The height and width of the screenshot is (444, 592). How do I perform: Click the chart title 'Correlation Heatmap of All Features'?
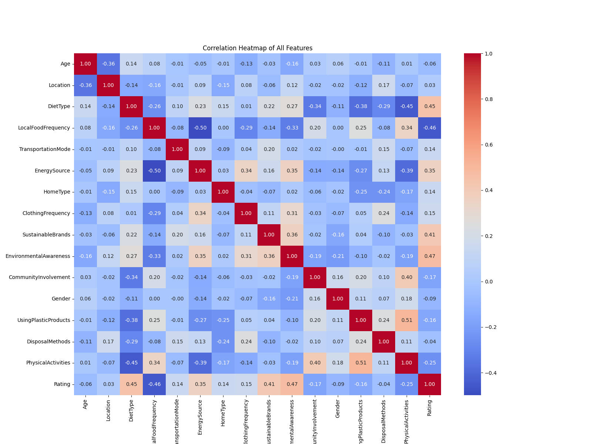258,48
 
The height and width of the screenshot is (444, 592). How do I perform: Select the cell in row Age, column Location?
108,64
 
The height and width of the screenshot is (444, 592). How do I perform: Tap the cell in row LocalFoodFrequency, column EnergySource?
200,128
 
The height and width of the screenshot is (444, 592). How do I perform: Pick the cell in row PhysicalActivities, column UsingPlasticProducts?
361,363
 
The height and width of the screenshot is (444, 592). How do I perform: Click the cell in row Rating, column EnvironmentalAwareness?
292,384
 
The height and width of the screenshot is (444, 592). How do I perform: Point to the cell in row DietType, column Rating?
430,106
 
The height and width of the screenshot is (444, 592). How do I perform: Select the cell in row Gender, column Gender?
338,299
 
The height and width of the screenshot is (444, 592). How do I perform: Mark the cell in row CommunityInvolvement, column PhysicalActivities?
407,277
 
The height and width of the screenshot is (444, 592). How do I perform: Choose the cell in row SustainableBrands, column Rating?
430,235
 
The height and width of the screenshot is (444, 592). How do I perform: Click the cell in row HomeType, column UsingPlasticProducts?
361,192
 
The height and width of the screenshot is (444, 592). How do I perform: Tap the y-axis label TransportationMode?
45,149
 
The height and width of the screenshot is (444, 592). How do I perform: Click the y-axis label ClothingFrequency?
46,213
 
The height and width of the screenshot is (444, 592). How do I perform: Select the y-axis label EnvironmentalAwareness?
38,256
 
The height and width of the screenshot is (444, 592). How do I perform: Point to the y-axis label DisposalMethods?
48,342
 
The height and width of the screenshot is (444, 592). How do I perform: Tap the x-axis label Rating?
430,407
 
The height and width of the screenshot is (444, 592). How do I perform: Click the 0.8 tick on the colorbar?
489,99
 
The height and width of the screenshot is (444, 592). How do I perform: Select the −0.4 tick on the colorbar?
491,373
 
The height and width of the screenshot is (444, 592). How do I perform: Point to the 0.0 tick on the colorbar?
489,282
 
